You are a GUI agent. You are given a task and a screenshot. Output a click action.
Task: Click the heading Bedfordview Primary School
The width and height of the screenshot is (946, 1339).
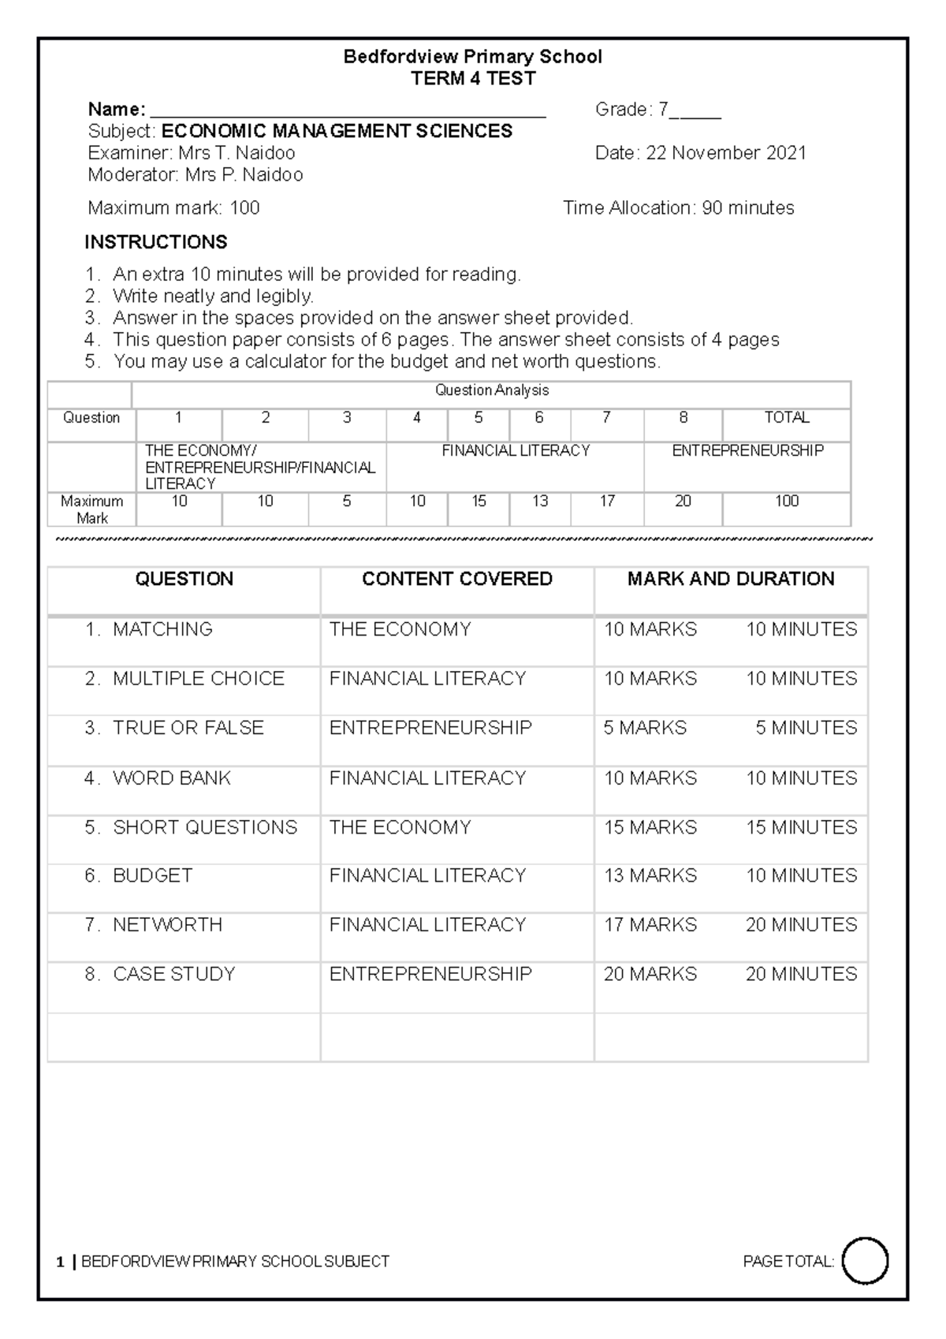pyautogui.click(x=472, y=57)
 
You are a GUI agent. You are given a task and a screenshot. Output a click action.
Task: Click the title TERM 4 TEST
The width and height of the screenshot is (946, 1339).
pyautogui.click(x=473, y=79)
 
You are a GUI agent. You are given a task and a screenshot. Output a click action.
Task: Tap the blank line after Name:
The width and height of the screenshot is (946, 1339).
pyautogui.click(x=347, y=110)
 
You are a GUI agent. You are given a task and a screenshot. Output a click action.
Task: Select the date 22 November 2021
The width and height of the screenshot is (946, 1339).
pyautogui.click(x=726, y=153)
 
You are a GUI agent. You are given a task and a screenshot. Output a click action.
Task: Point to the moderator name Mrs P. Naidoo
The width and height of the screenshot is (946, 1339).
pyautogui.click(x=244, y=175)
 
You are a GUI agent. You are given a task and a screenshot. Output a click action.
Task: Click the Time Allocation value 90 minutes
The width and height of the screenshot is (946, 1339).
pyautogui.click(x=748, y=208)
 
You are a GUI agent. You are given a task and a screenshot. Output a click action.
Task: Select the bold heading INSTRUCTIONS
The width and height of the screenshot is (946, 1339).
pyautogui.click(x=156, y=242)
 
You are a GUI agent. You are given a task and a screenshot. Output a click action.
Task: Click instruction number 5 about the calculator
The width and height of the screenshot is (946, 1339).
pyautogui.click(x=386, y=362)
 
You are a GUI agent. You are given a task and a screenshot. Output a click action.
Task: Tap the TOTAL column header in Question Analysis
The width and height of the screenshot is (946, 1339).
pyautogui.click(x=786, y=418)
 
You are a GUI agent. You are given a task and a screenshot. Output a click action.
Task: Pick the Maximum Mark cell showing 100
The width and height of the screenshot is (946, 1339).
pyautogui.click(x=786, y=502)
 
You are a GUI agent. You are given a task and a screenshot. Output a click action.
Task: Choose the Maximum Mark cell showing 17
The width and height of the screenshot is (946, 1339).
pyautogui.click(x=606, y=502)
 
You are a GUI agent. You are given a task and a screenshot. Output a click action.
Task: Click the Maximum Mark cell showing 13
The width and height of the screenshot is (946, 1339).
pyautogui.click(x=539, y=502)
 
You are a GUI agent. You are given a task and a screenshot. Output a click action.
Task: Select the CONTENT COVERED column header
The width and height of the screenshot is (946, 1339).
pyautogui.click(x=456, y=580)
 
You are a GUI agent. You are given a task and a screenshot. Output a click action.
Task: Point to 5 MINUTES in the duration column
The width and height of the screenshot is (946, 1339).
pyautogui.click(x=806, y=728)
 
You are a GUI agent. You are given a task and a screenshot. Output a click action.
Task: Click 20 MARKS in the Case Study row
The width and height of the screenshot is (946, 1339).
pyautogui.click(x=650, y=975)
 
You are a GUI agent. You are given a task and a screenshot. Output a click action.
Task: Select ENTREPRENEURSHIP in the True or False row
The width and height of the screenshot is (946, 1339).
pyautogui.click(x=430, y=728)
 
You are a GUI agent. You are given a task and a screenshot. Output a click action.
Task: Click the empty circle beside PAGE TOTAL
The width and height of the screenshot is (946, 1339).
pyautogui.click(x=865, y=1262)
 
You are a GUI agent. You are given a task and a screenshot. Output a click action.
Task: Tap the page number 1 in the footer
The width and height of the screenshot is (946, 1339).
pyautogui.click(x=60, y=1263)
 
